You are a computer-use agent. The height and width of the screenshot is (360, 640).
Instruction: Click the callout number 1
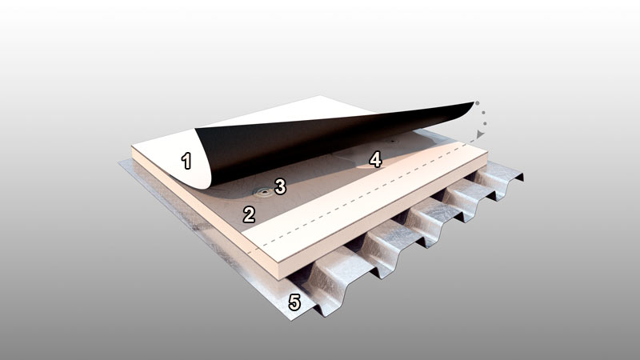pyautogui.click(x=186, y=161)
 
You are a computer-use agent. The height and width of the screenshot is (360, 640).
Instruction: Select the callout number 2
pyautogui.click(x=249, y=214)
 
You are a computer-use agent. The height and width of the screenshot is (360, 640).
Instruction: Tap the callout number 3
pyautogui.click(x=280, y=186)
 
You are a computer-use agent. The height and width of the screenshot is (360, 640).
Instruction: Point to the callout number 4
pyautogui.click(x=375, y=159)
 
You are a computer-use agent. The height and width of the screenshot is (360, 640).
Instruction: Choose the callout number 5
pyautogui.click(x=294, y=302)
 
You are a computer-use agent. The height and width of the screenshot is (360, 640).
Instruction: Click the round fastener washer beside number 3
pyautogui.click(x=263, y=192)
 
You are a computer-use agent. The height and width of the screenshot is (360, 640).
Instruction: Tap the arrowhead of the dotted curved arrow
pyautogui.click(x=481, y=134)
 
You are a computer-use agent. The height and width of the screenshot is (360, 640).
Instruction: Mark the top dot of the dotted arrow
pyautogui.click(x=477, y=103)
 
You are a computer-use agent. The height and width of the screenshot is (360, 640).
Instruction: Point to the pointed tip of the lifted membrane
pyautogui.click(x=474, y=102)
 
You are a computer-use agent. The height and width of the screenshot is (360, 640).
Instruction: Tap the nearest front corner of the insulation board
pyautogui.click(x=280, y=279)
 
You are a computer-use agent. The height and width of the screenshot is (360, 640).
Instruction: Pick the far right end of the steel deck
pyautogui.click(x=523, y=178)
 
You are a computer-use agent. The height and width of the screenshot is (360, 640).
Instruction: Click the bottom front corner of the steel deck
pyautogui.click(x=291, y=319)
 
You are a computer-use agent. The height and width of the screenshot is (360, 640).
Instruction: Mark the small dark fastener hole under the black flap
pyautogui.click(x=393, y=142)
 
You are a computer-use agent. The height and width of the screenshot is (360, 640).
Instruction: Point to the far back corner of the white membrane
pyautogui.click(x=321, y=96)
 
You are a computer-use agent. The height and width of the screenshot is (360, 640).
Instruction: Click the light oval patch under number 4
pyautogui.click(x=370, y=166)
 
